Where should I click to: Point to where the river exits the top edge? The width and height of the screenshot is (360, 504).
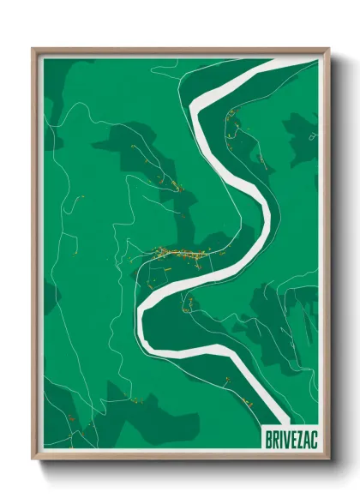[249, 63]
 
